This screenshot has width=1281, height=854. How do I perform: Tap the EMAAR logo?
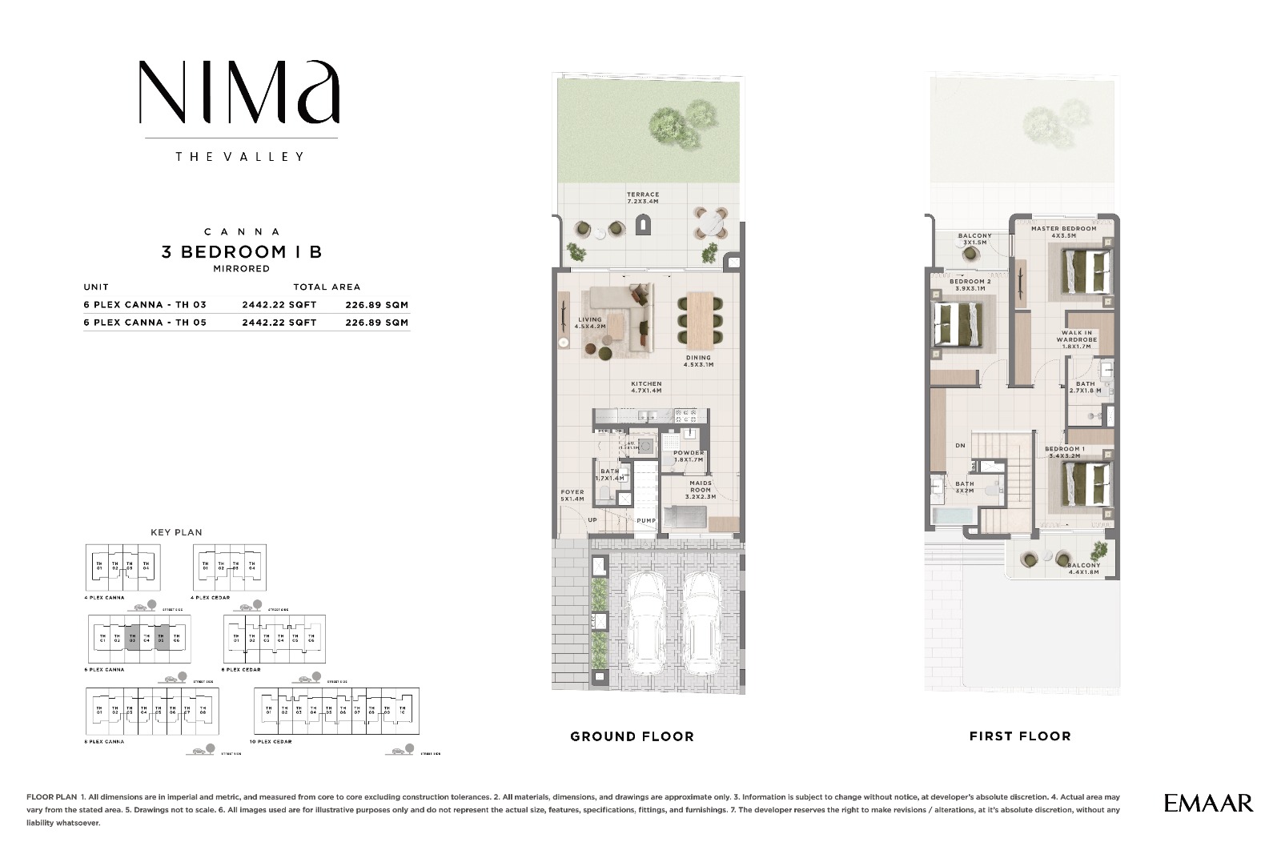coord(1208,803)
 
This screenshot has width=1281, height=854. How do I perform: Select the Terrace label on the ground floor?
coord(643,198)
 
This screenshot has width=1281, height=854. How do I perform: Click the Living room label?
coord(590,323)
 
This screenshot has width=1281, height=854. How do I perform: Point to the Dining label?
coord(698,361)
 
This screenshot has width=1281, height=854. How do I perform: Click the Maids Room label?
coord(701,490)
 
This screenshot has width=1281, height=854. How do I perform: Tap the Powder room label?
coord(689,456)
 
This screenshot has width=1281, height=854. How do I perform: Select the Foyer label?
coord(572,495)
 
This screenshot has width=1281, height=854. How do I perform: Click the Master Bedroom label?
coord(1063,232)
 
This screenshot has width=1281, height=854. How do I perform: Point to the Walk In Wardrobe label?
coord(1077,339)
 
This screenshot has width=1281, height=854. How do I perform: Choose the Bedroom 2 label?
coord(970,285)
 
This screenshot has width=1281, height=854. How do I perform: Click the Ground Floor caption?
coord(632,736)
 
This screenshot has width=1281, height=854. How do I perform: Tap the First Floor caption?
coord(1019,736)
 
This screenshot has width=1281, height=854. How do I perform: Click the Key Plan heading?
coord(176,532)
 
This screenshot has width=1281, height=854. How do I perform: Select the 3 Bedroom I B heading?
coord(241,252)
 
